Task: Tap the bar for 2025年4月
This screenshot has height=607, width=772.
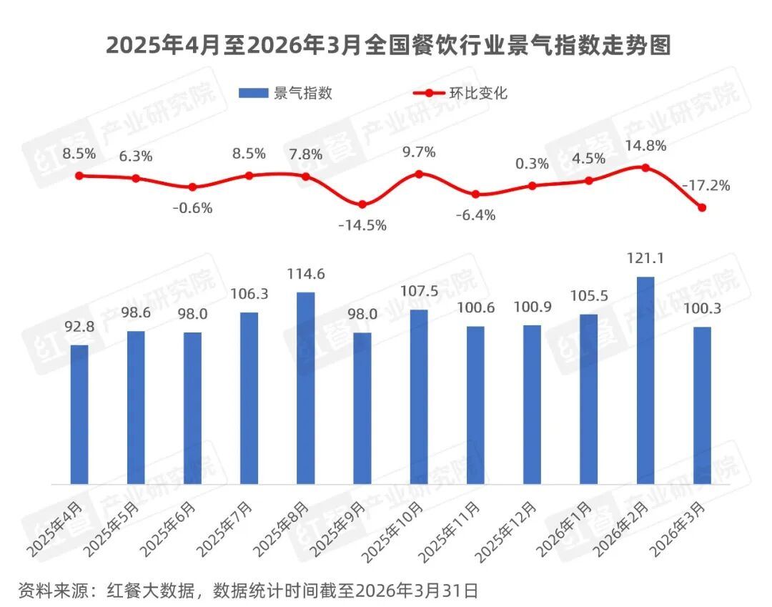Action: pyautogui.click(x=79, y=415)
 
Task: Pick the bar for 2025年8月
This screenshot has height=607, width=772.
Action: pyautogui.click(x=305, y=388)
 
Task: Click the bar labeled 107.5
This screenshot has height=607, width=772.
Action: pyautogui.click(x=419, y=397)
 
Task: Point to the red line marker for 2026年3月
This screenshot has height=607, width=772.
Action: pyautogui.click(x=702, y=208)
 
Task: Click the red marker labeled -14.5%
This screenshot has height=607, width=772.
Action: pyautogui.click(x=362, y=204)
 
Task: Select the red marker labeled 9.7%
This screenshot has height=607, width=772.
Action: pyautogui.click(x=419, y=174)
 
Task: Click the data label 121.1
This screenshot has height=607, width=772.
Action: pyautogui.click(x=645, y=259)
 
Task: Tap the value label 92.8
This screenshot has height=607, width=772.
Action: pyautogui.click(x=79, y=327)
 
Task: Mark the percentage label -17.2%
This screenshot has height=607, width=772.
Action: pyautogui.click(x=706, y=186)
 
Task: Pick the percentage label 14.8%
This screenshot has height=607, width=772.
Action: pyautogui.click(x=645, y=146)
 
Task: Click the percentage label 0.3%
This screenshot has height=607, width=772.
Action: pyautogui.click(x=532, y=164)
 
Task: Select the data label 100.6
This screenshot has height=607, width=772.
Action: pyautogui.click(x=475, y=309)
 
